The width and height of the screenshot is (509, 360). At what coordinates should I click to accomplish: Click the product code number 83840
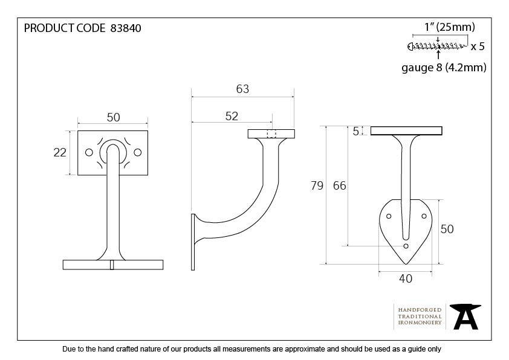[x=126, y=28]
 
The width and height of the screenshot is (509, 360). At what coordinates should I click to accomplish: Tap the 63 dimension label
[x=242, y=89]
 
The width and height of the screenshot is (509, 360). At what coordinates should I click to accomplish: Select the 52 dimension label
[x=232, y=116]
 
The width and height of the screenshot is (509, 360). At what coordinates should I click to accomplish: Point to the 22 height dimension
[x=60, y=152]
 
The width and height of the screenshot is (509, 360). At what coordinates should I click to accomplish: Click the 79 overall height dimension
[x=317, y=185]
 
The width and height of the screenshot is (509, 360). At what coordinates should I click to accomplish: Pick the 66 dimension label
[x=340, y=185]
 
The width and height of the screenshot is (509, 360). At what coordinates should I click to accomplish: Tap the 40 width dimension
[x=406, y=278]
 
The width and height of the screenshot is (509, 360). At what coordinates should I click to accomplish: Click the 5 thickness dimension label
[x=356, y=131]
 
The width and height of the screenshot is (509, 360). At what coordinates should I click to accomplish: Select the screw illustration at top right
[x=437, y=47]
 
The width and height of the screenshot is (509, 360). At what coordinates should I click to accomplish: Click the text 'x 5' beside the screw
[x=478, y=47]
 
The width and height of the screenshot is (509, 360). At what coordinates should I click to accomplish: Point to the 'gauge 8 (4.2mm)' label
[x=444, y=68]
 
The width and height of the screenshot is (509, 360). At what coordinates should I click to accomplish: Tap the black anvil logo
[x=465, y=317]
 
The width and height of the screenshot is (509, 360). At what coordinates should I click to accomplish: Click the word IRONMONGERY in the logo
[x=420, y=323]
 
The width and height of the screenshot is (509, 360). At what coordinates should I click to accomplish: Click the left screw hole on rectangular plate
[x=89, y=152]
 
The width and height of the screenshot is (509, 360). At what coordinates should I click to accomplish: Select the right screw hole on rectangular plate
[x=138, y=152]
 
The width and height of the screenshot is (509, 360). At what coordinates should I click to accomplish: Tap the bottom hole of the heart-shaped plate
[x=406, y=246]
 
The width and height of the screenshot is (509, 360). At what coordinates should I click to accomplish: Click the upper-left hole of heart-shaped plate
[x=389, y=216]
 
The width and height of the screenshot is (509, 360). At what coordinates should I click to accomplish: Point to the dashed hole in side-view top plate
[x=271, y=134]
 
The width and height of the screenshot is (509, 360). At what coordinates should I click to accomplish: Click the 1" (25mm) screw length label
[x=450, y=27]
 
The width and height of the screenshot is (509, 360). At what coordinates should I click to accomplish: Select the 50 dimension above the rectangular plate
[x=113, y=117]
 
